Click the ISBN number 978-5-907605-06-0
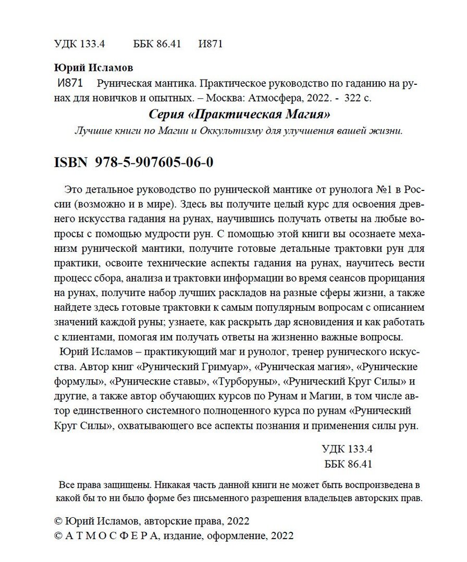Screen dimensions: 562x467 point(155,162)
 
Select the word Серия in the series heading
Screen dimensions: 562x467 point(165,113)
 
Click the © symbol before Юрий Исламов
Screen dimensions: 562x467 point(58,521)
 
